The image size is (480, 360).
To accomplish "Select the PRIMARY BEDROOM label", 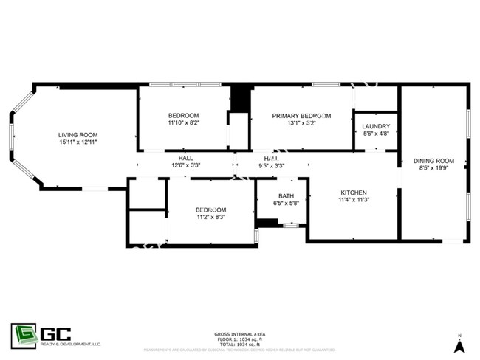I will [301, 116].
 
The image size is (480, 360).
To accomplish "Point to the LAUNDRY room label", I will [377, 126].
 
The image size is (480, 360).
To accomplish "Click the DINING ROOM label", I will [433, 161].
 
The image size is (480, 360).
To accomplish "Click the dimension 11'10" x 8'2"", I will [183, 123].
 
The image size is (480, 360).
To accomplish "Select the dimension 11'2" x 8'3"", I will [210, 217].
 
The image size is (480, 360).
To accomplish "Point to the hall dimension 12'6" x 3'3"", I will [185, 166].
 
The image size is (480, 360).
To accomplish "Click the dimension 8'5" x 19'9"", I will [433, 168].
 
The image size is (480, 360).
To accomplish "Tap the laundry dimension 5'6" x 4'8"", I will [377, 134].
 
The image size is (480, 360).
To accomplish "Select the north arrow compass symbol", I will [459, 345].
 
